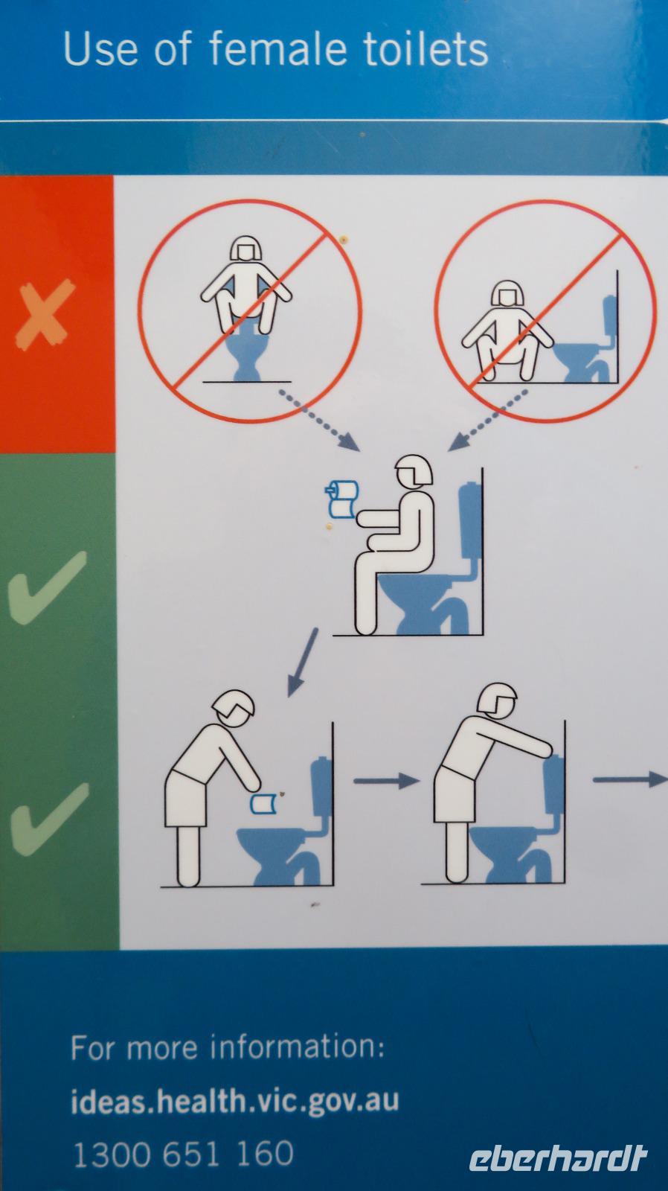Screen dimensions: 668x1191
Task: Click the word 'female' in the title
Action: [x=277, y=49]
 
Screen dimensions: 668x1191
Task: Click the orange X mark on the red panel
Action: [x=45, y=313]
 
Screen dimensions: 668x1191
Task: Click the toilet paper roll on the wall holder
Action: [x=341, y=499]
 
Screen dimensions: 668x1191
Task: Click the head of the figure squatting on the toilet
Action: [x=246, y=249]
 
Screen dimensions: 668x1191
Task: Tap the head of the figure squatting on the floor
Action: [x=507, y=293]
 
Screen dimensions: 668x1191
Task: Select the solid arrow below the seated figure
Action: [x=303, y=662]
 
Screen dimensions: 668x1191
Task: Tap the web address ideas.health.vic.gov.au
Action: [x=234, y=1101]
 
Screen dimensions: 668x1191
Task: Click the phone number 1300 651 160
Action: [x=183, y=1154]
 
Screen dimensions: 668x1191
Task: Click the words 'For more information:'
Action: [x=228, y=1047]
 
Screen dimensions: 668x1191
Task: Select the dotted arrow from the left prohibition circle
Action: [x=320, y=420]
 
